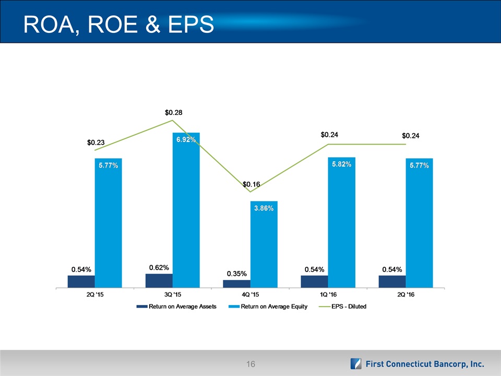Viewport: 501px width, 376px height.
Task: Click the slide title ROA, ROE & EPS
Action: (116, 25)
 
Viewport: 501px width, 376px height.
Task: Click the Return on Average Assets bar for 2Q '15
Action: (81, 281)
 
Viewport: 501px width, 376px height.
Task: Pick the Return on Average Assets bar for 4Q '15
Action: (236, 284)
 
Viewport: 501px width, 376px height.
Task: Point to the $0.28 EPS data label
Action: (173, 112)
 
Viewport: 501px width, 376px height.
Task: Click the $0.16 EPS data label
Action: (252, 184)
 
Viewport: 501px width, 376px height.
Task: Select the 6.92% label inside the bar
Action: (186, 140)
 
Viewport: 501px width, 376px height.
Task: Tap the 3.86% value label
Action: (264, 208)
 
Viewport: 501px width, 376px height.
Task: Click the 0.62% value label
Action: (159, 268)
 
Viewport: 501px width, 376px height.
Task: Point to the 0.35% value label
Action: (236, 274)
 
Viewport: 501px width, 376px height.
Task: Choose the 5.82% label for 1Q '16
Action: (341, 164)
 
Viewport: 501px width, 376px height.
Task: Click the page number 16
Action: (250, 364)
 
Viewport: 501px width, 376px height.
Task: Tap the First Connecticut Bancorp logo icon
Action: (356, 364)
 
